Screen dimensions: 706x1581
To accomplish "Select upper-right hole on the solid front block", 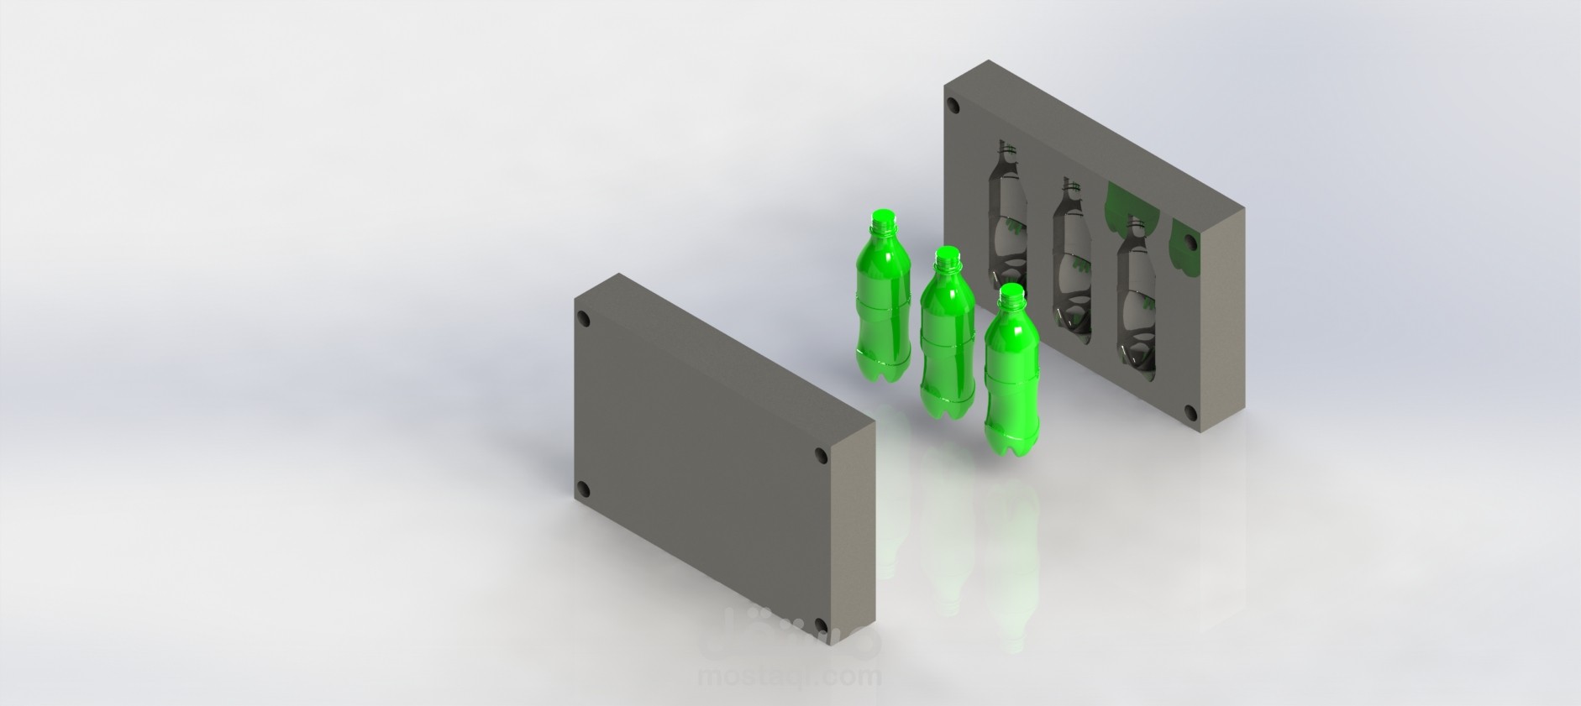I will (x=822, y=456).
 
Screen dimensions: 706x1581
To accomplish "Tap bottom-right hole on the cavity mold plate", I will (x=1190, y=412).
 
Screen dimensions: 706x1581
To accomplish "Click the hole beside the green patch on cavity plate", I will (x=1190, y=243).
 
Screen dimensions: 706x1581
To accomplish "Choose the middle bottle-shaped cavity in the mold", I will (x=1073, y=269).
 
